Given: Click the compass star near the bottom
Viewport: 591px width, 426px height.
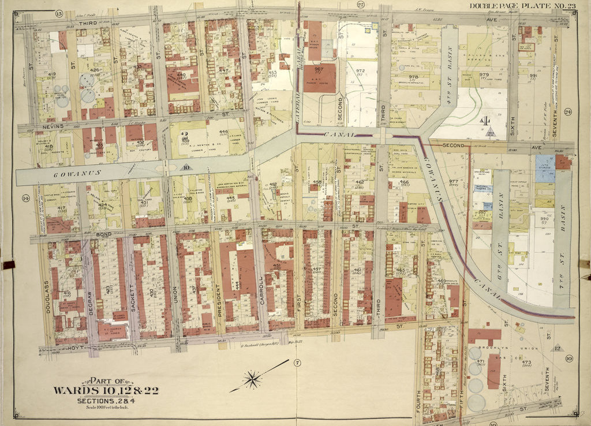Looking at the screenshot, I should coord(252,379).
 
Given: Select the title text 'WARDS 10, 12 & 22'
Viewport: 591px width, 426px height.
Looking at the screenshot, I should coord(106,390).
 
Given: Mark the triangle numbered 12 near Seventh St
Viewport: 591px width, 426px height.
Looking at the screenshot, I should coord(557,347).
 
